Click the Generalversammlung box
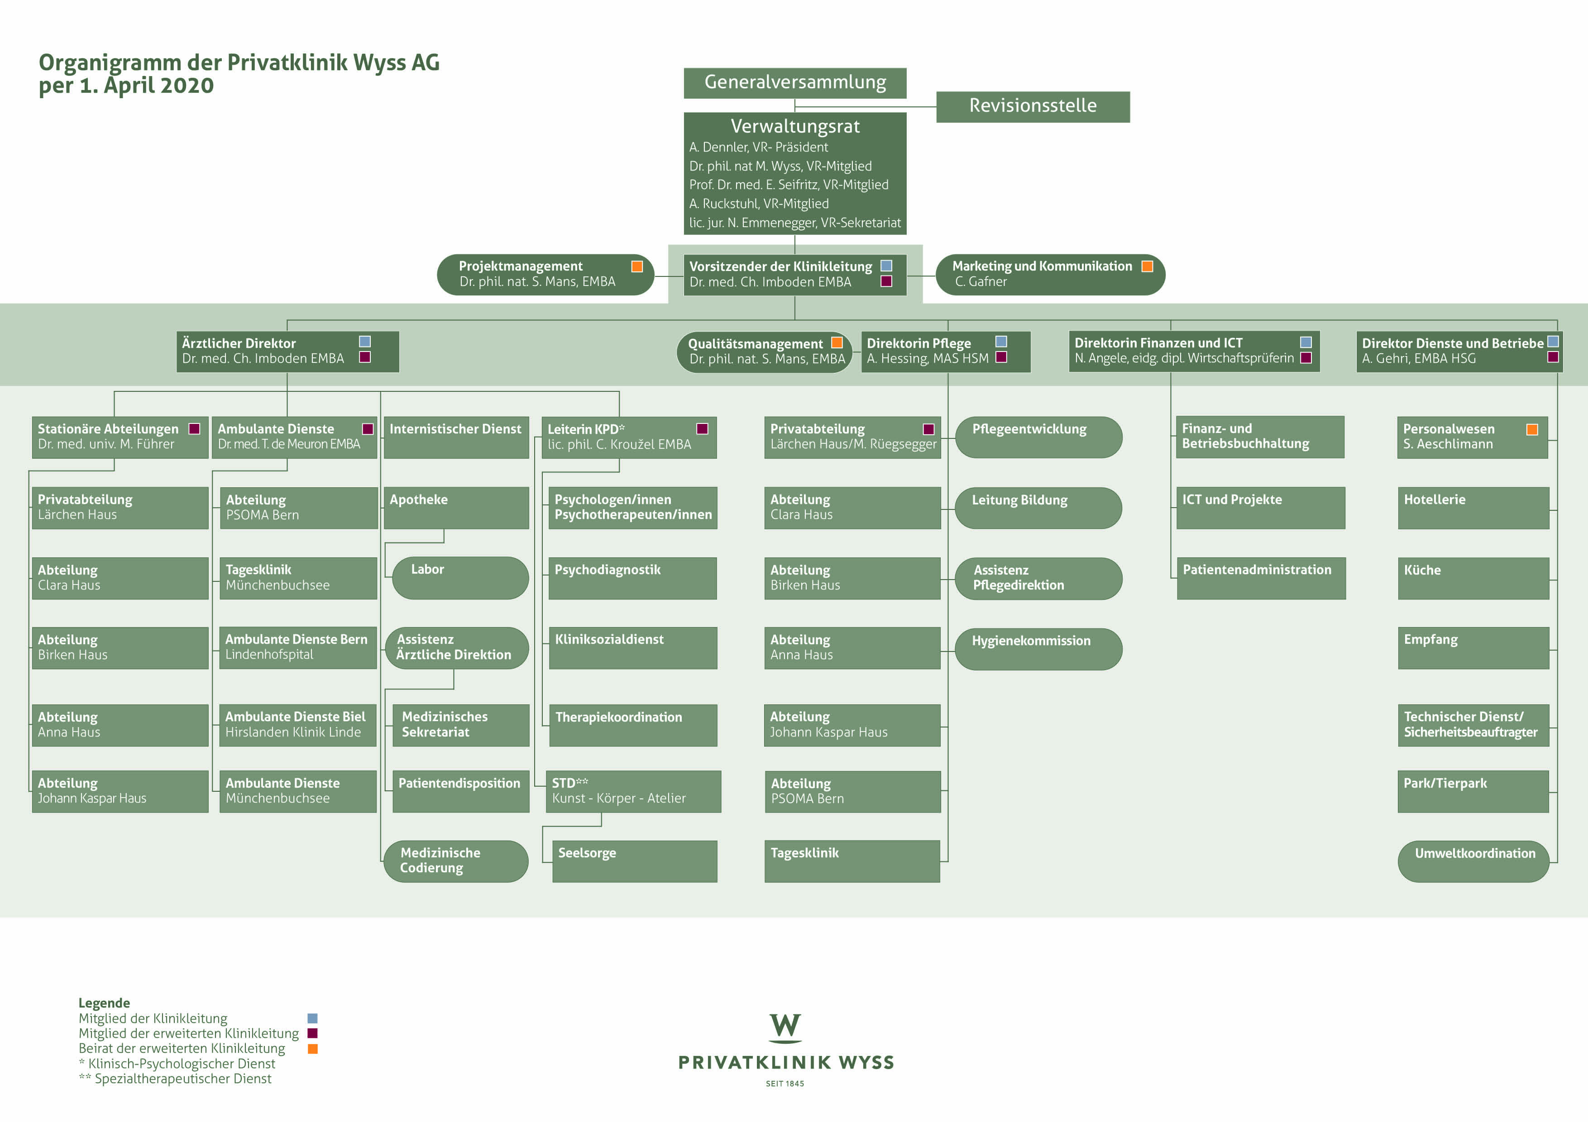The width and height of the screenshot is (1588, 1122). [795, 83]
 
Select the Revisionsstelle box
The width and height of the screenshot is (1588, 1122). [1033, 106]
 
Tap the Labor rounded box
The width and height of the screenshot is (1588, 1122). [460, 578]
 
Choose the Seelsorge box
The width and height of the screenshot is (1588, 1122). [634, 861]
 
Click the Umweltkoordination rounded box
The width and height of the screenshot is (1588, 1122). [1473, 861]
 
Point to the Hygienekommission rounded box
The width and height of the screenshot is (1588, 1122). [1038, 648]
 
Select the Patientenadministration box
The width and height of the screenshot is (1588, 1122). [1261, 578]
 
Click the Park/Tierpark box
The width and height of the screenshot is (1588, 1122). [1473, 792]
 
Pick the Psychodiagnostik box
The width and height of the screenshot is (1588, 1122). [633, 578]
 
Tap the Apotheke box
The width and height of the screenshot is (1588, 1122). [456, 508]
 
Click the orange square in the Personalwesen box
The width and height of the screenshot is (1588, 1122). [1532, 429]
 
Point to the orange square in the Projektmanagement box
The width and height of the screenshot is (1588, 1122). [637, 266]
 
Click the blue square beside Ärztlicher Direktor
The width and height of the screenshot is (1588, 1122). [364, 342]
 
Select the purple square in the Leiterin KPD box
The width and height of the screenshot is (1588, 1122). [702, 428]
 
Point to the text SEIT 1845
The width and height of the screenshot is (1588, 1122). [785, 1083]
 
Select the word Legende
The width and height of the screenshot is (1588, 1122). [104, 1003]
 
